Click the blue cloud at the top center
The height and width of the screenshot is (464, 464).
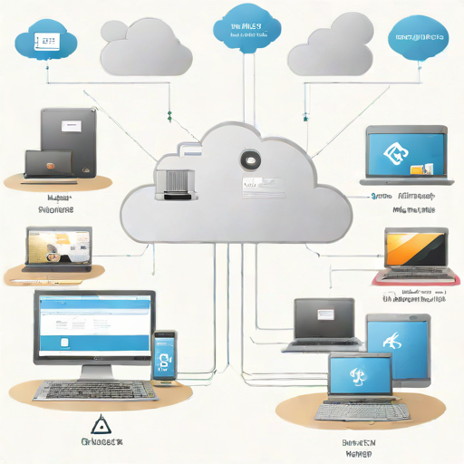tap(240, 30)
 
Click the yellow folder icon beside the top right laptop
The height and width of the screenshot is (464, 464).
tap(417, 169)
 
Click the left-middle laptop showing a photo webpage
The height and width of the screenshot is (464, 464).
tap(59, 251)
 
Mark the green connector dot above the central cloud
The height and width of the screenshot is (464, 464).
tap(169, 115)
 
